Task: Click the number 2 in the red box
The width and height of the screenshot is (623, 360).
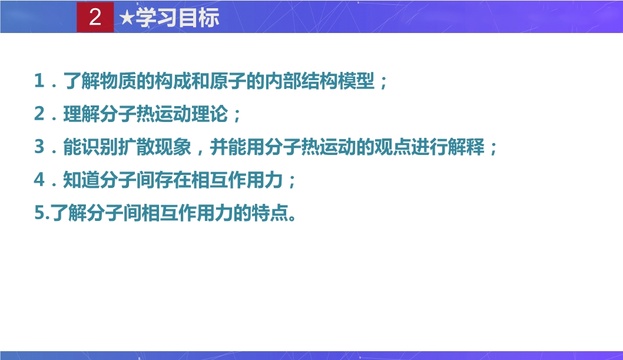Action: (x=95, y=17)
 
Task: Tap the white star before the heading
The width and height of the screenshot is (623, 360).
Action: (x=127, y=18)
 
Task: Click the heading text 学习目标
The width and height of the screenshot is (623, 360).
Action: (x=177, y=18)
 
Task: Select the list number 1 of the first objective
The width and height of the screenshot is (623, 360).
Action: (x=39, y=81)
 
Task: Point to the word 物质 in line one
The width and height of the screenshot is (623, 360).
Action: (x=118, y=81)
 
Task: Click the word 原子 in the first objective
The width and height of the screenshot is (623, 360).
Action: (x=228, y=81)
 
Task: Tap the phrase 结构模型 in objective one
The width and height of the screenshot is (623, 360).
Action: (x=338, y=81)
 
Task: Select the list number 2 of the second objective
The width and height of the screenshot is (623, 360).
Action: (x=39, y=114)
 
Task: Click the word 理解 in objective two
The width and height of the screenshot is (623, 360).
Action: (x=81, y=114)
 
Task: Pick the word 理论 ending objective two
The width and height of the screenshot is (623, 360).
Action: (x=210, y=114)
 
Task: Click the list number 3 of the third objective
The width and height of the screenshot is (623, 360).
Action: (x=39, y=147)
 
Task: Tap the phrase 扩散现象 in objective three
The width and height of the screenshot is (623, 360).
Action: (x=154, y=147)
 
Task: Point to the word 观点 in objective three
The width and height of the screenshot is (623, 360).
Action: (x=393, y=147)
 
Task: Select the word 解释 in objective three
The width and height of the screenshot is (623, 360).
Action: (x=466, y=147)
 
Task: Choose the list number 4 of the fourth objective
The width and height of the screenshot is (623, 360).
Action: (x=39, y=180)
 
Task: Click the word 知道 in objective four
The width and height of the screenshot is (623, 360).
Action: (x=81, y=180)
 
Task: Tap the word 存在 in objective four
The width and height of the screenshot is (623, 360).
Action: (x=173, y=180)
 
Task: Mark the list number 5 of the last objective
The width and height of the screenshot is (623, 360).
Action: (x=39, y=213)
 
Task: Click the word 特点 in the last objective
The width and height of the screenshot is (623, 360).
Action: (x=270, y=213)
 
